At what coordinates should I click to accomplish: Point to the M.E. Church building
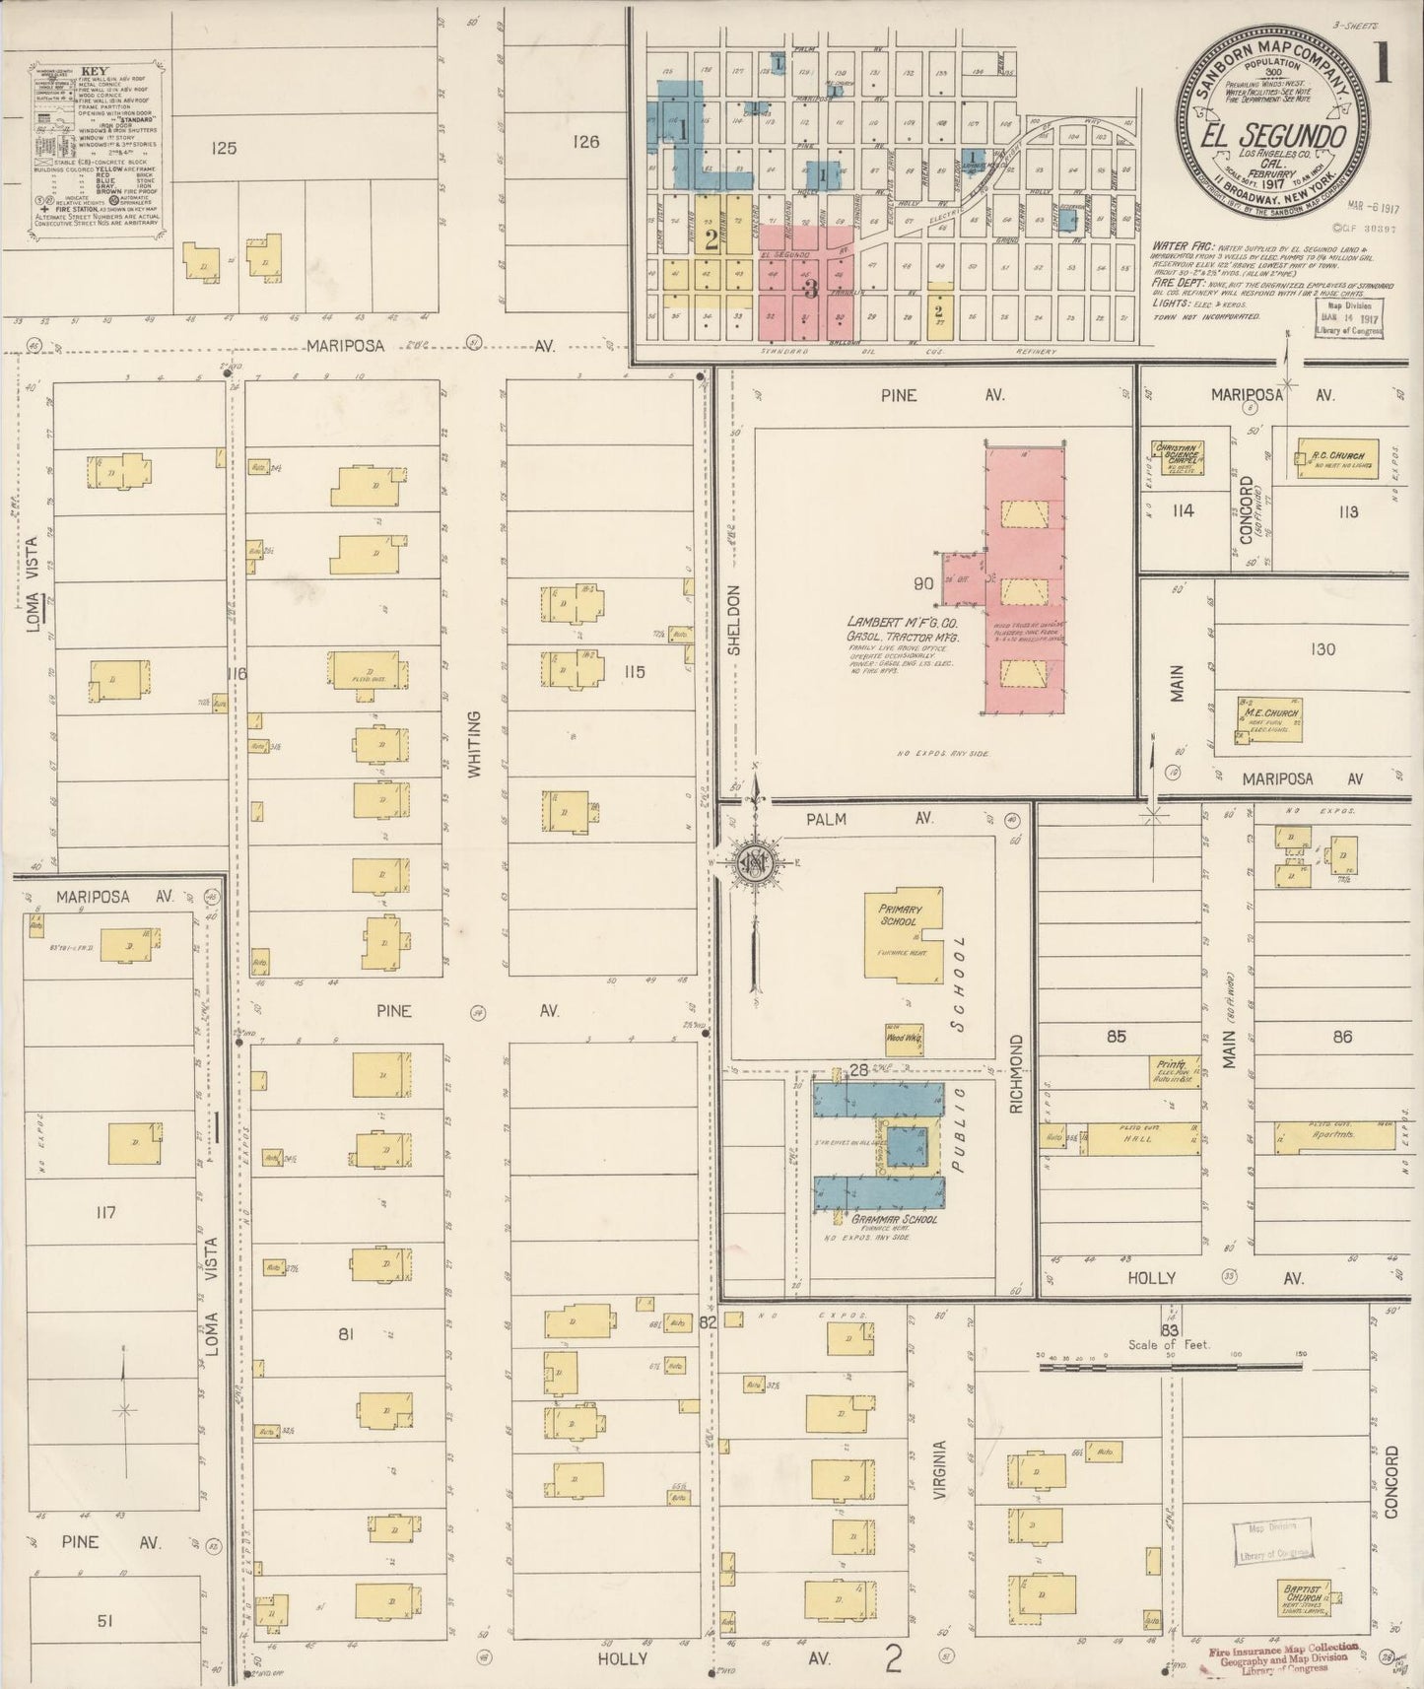click(1269, 717)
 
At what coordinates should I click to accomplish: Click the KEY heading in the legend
click(94, 71)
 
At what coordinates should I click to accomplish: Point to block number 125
click(224, 148)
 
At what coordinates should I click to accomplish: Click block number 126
click(585, 142)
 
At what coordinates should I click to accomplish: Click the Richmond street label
click(1017, 1074)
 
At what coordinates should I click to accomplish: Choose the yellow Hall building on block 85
click(1142, 1139)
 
